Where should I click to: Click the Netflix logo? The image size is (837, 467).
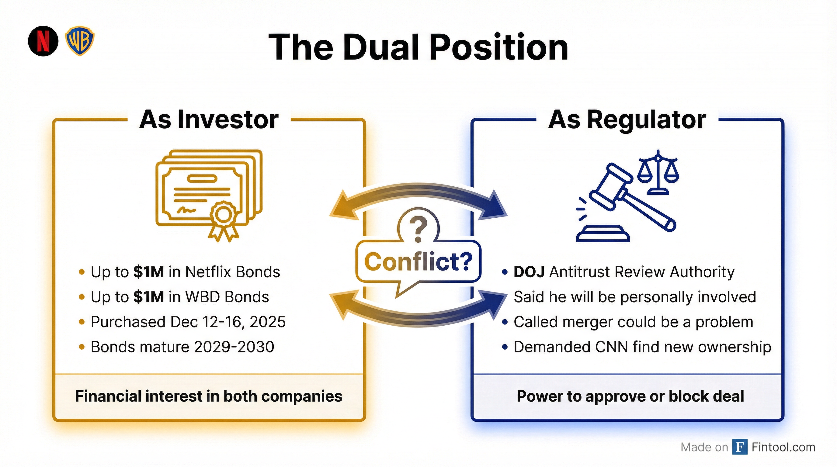click(x=43, y=41)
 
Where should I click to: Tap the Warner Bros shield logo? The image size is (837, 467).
click(x=80, y=41)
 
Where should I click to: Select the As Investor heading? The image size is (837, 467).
click(x=209, y=119)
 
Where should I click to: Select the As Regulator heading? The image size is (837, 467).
click(x=627, y=119)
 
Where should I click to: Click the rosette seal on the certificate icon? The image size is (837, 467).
click(x=223, y=215)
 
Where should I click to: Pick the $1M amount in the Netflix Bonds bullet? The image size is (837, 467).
click(x=148, y=272)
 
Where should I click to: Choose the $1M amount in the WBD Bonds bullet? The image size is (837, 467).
click(x=148, y=297)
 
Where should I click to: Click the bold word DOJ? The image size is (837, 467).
click(x=529, y=272)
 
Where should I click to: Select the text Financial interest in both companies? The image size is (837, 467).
click(x=209, y=396)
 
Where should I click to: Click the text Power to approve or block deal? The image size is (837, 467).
click(x=630, y=396)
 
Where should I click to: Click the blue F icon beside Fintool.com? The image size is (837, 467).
click(x=740, y=447)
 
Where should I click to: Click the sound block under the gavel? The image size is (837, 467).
click(x=603, y=235)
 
